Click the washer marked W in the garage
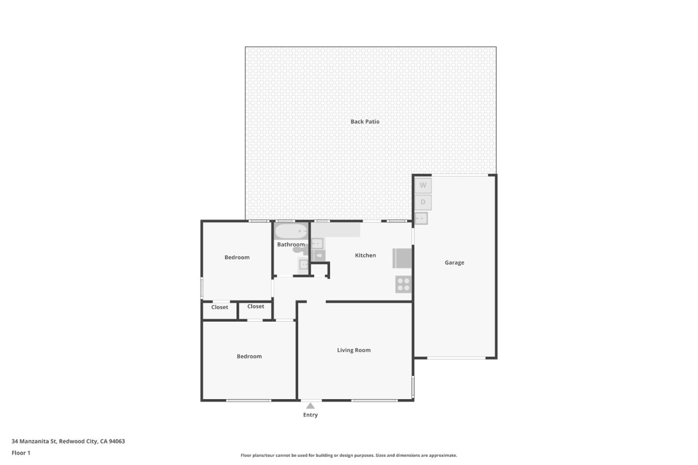[423, 186]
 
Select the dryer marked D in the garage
[423, 202]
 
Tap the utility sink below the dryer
[421, 218]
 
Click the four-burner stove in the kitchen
[403, 284]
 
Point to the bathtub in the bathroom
[291, 232]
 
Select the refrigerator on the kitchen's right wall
[402, 258]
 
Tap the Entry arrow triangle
[310, 406]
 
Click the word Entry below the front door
[310, 415]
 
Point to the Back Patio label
[365, 122]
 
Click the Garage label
[454, 263]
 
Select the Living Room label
[354, 350]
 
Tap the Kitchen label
[365, 255]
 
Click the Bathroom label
[291, 245]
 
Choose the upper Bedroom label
[237, 257]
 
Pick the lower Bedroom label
[249, 356]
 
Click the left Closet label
[220, 307]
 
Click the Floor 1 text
[21, 453]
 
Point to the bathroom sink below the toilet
[303, 264]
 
